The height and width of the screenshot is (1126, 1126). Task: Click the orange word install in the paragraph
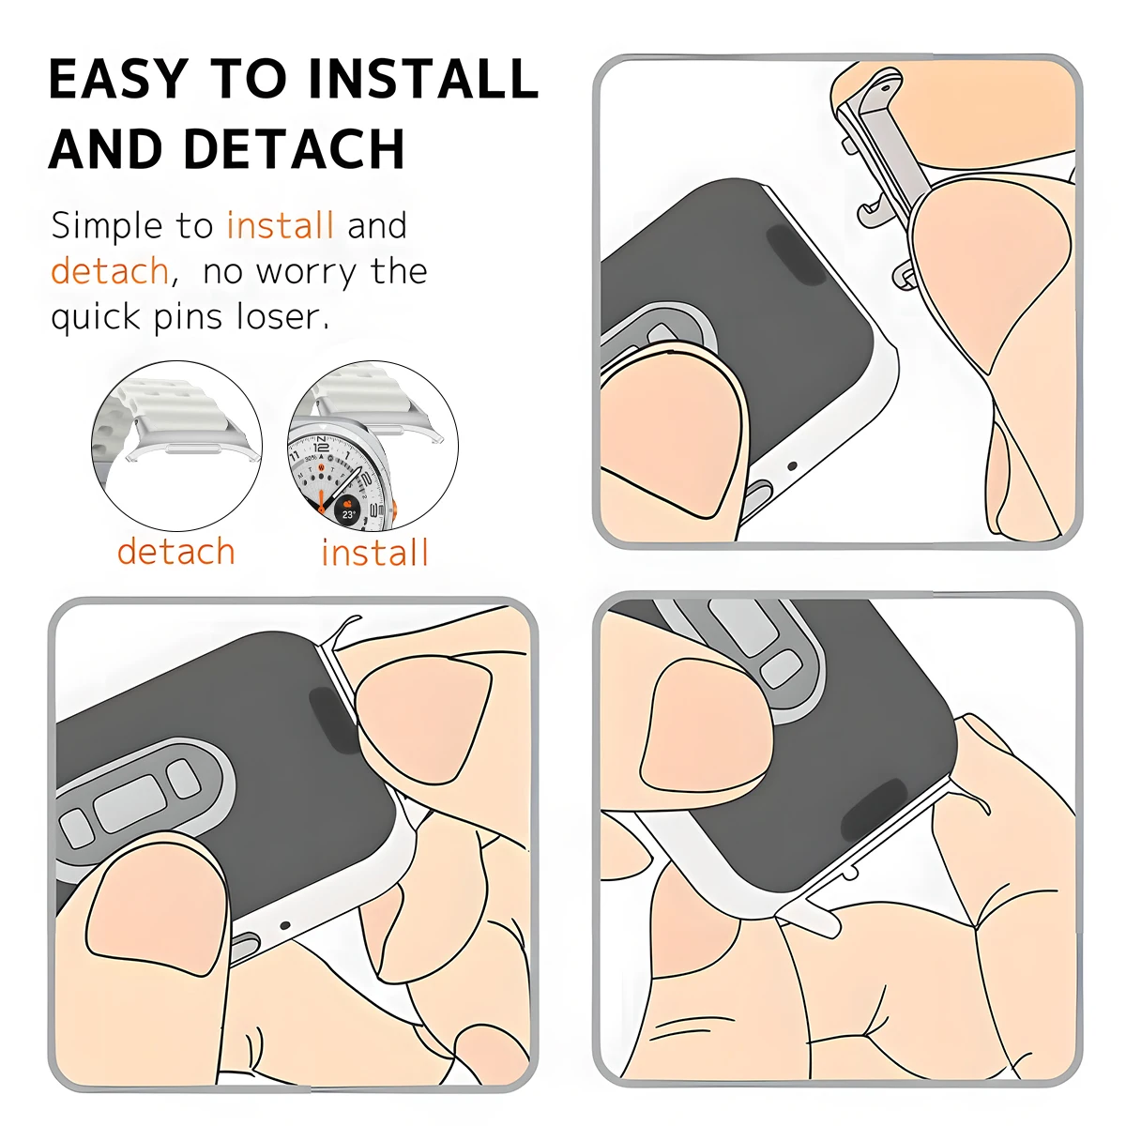pos(280,226)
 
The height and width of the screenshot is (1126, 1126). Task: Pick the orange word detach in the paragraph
pos(109,272)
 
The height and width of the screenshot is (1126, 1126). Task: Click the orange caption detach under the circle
pos(175,552)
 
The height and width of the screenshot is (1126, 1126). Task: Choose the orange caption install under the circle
pos(374,553)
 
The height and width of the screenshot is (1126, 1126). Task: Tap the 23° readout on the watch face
pos(348,513)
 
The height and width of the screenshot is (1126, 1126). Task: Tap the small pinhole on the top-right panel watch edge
pos(792,466)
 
